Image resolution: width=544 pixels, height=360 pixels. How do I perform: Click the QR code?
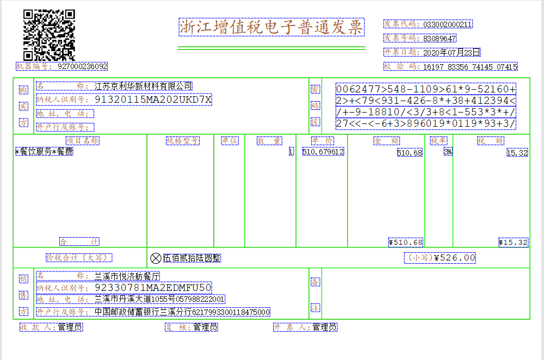coord(49,35)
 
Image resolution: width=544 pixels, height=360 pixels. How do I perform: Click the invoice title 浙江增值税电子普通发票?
coord(271,27)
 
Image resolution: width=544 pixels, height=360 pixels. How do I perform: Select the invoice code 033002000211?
coord(448,24)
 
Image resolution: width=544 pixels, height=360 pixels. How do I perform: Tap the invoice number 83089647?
coord(440,39)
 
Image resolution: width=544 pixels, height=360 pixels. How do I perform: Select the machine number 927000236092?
coord(82,66)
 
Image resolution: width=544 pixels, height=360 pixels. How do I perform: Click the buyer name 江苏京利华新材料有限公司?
coord(143,86)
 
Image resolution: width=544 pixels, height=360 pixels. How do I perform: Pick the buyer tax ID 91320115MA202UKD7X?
coord(153,100)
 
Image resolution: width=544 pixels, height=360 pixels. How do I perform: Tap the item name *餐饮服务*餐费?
coord(44,152)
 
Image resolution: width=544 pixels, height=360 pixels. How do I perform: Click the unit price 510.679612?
coord(323,152)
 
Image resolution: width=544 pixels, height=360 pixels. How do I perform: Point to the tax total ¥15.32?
coord(513,242)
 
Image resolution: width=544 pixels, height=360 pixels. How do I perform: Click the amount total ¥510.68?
coord(406,242)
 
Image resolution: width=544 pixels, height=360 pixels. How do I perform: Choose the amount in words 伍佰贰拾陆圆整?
coord(191,258)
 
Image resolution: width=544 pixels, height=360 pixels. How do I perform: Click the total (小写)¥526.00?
coord(441,258)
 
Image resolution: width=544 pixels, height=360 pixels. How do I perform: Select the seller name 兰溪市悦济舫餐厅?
coord(127,276)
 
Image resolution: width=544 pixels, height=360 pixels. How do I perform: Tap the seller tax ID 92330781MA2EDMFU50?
coord(153,287)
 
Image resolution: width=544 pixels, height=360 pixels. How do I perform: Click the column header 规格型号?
coord(183,141)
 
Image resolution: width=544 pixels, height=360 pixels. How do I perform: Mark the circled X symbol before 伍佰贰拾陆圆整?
coord(156,258)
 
